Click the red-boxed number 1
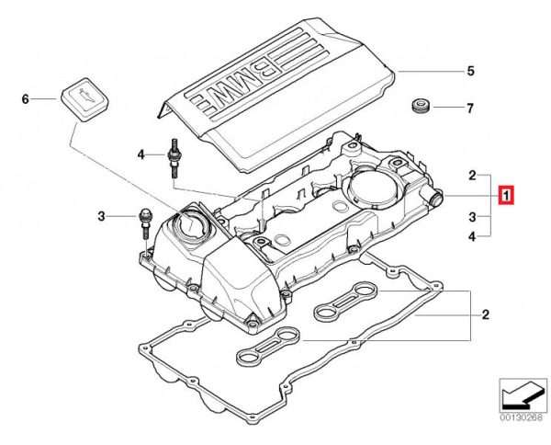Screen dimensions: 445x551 pos(506,196)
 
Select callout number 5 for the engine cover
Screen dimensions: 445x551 pos(469,71)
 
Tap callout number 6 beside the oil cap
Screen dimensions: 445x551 pos(26,97)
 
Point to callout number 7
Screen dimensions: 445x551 pos(469,109)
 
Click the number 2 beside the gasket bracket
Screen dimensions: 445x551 pos(484,315)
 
